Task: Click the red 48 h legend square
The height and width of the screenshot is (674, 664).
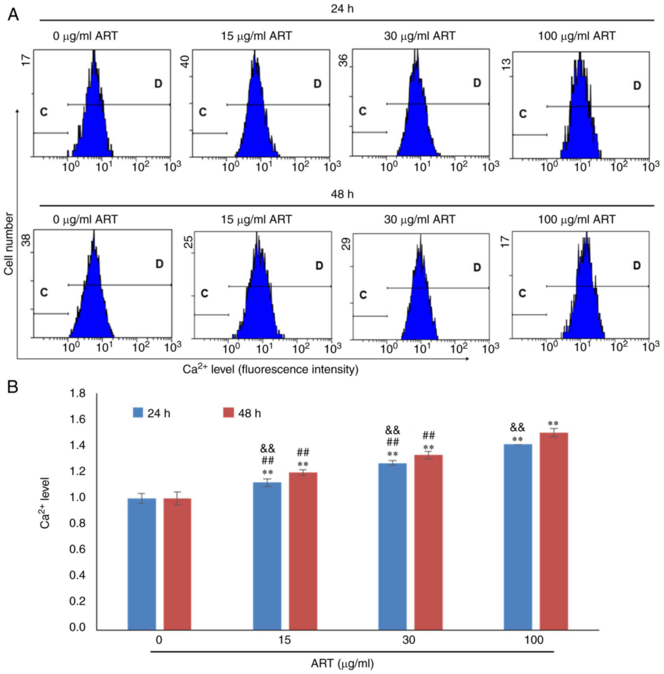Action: coord(227,413)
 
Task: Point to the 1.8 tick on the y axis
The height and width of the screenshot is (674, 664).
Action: coord(77,394)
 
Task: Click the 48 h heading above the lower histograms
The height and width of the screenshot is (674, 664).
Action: coord(342,194)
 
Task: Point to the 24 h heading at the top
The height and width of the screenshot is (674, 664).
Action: coord(342,9)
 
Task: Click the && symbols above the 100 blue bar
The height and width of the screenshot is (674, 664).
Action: coord(518,427)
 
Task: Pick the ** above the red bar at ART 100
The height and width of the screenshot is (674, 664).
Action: coord(553,424)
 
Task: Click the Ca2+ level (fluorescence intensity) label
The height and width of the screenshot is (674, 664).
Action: coord(270,369)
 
